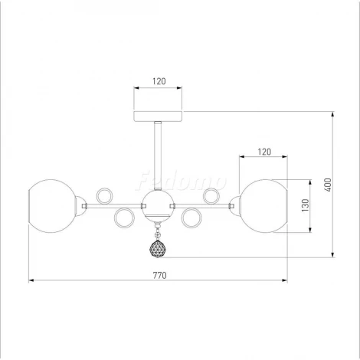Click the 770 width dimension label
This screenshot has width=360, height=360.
tap(159, 275)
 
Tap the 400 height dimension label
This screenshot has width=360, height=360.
tap(329, 185)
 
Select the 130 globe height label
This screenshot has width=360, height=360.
tap(306, 205)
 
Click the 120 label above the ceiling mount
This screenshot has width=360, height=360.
tap(159, 81)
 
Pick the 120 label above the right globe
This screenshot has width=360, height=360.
tap(264, 152)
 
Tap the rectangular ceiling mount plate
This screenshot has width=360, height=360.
tap(158, 116)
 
